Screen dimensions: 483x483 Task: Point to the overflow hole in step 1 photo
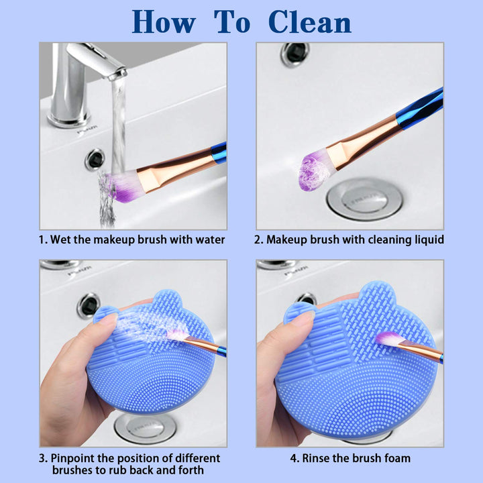pos(94,159)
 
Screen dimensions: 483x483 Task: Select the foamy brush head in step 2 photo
pos(313,172)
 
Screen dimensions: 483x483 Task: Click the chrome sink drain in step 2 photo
pos(366,199)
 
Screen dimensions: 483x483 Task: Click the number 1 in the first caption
pos(42,239)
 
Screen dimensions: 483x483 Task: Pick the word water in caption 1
pos(209,239)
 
